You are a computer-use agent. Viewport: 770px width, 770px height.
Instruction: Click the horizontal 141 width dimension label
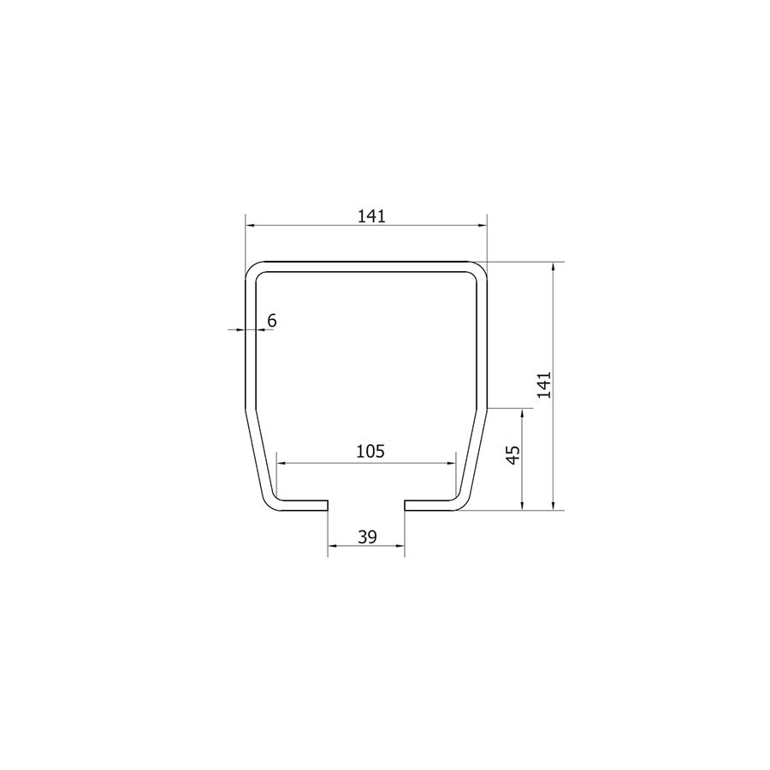tap(371, 216)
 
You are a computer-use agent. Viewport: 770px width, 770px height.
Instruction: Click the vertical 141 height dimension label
tap(544, 385)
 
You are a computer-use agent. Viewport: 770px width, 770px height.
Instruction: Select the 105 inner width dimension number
tap(370, 451)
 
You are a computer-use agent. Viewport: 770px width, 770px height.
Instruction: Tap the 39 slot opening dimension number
tap(367, 537)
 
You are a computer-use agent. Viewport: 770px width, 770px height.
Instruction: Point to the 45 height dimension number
tap(512, 455)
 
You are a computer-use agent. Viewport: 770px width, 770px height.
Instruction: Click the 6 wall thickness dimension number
tap(272, 321)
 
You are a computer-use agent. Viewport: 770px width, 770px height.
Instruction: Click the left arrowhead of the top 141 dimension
tap(250, 225)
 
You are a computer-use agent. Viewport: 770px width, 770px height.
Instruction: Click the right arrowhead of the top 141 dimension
tap(483, 225)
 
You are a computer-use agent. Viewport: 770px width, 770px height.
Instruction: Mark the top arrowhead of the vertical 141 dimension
tap(554, 267)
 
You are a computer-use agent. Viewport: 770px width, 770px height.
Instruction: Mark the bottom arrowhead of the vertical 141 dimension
tap(554, 506)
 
